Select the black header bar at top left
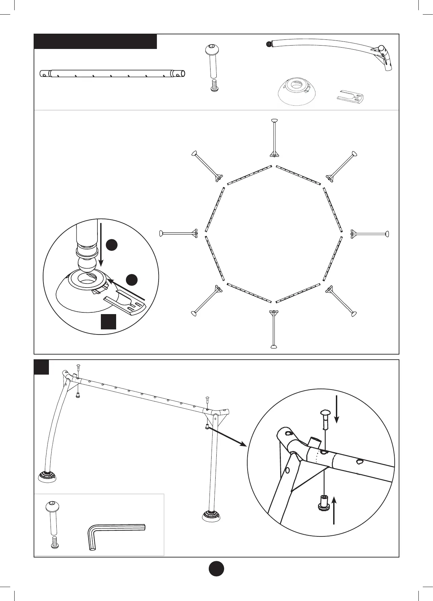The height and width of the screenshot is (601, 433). coord(95,41)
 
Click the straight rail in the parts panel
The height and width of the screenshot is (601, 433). coord(112,73)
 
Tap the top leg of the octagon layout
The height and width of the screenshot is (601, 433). coord(274,138)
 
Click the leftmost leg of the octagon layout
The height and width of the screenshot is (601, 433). coord(179,233)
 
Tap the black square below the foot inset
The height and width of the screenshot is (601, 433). coord(109,322)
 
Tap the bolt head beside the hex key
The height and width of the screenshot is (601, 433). coord(53,508)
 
